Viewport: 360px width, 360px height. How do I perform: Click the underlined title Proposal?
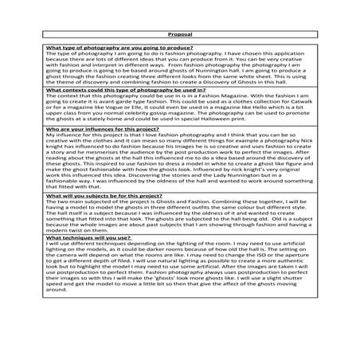pyautogui.click(x=180, y=35)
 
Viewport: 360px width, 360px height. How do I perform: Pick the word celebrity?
pyautogui.click(x=153, y=119)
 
